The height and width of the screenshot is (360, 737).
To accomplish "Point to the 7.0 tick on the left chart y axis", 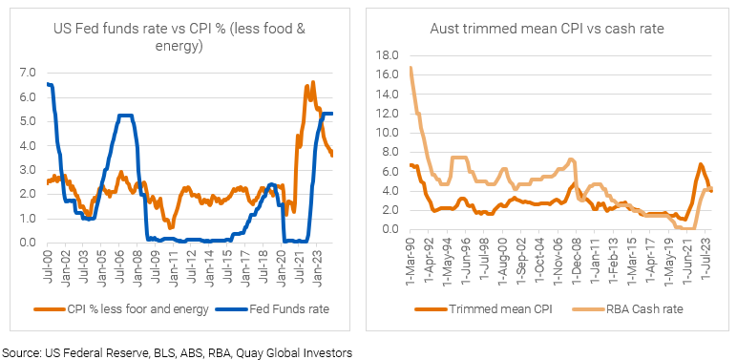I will tap(28, 73).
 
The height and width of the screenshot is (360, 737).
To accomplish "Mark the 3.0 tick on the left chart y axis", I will tap(28, 170).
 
